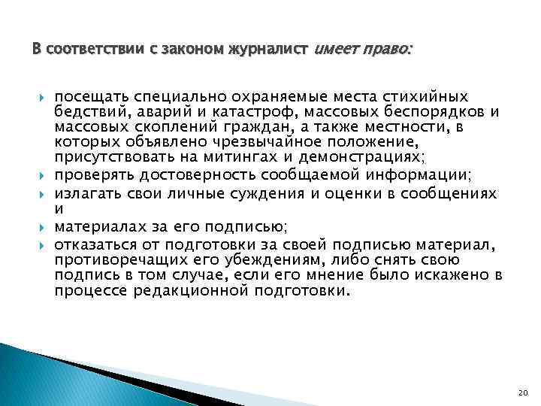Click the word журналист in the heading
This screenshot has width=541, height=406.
point(271,50)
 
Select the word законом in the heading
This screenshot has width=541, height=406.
point(192,50)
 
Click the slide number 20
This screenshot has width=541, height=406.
point(524,392)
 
